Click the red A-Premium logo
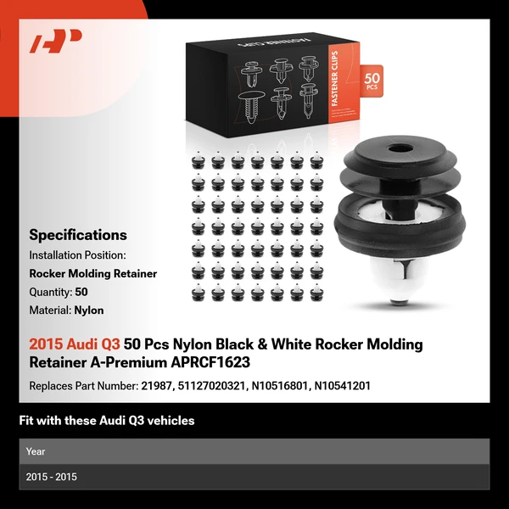[x=55, y=41]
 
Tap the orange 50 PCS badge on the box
[x=372, y=81]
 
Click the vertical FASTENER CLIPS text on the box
[x=335, y=79]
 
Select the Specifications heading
[x=78, y=235]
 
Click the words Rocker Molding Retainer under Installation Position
[x=93, y=274]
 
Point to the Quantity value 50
[x=81, y=292]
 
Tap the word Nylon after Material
[x=89, y=310]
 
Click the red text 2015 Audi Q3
[x=75, y=344]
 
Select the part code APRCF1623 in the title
[x=210, y=362]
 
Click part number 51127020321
[x=211, y=386]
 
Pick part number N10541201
[x=343, y=386]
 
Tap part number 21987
[x=156, y=386]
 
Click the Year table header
[x=36, y=451]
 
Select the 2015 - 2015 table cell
[x=51, y=477]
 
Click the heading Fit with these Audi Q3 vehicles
[x=107, y=421]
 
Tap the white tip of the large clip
[x=399, y=301]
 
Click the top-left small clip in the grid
[x=198, y=160]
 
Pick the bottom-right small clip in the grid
[x=316, y=293]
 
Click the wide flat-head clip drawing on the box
[x=252, y=107]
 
